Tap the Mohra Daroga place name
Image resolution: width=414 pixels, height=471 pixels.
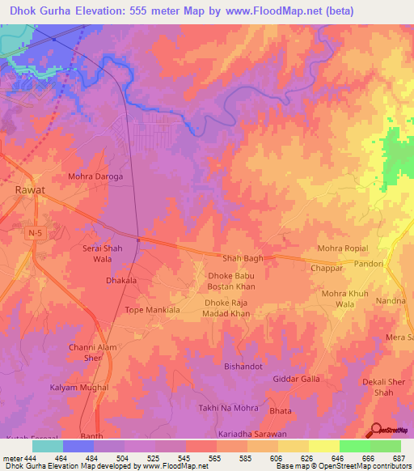(95, 176)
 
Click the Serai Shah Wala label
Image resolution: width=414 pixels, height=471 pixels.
(103, 253)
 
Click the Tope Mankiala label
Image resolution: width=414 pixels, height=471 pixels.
(153, 310)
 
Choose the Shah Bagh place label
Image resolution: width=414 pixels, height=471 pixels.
(243, 258)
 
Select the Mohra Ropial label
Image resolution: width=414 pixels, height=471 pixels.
(343, 248)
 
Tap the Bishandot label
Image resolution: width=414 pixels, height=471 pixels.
(244, 367)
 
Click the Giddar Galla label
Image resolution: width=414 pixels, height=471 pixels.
(297, 379)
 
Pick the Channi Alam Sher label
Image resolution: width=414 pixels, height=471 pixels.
(94, 353)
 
